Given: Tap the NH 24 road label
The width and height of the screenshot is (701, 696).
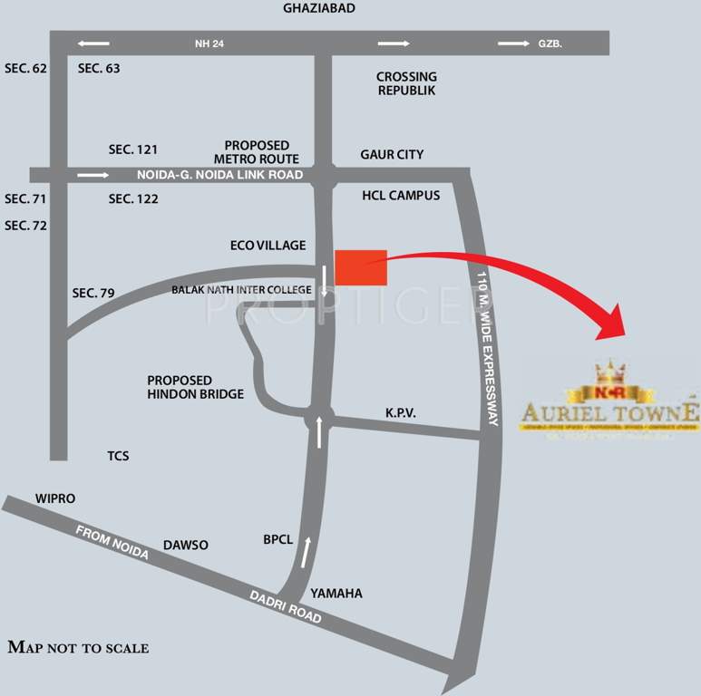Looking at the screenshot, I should (x=209, y=43).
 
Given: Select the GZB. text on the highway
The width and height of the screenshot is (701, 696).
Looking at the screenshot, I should (x=550, y=43).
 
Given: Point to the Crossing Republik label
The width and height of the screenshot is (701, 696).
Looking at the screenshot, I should (x=406, y=84).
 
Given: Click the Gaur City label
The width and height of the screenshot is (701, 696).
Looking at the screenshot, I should (x=392, y=155).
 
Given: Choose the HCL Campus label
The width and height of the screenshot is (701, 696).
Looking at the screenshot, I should (x=400, y=196).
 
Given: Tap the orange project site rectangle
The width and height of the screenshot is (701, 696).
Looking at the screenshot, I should (x=361, y=266).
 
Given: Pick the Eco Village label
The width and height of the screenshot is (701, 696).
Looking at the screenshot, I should (x=268, y=246).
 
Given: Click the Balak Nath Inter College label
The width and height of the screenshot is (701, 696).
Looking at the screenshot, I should (x=241, y=290).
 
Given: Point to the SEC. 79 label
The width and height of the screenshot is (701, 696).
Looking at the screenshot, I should (x=93, y=293).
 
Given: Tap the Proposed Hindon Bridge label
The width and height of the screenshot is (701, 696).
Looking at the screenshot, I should (x=195, y=387).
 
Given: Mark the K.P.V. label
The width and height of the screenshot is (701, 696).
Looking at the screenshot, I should (x=400, y=413).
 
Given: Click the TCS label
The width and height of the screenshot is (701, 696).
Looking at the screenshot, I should (x=118, y=456).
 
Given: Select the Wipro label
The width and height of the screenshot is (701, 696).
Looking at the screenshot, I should (x=54, y=499).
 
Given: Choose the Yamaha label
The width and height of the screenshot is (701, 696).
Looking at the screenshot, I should (x=336, y=594).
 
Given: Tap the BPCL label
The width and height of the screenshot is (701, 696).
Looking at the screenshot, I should (x=278, y=540).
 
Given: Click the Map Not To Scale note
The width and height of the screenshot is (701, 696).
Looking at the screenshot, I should (x=78, y=648).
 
